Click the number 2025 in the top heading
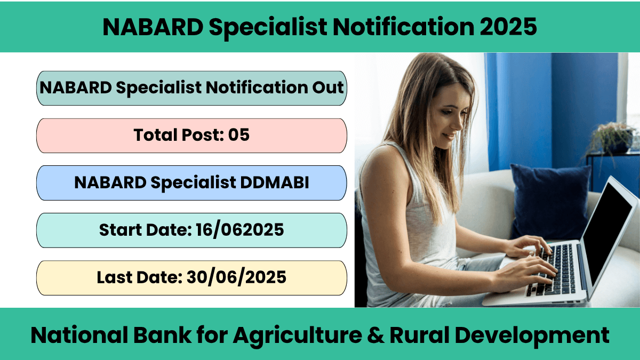(508, 27)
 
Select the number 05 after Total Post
(238, 135)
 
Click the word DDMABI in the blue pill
(274, 182)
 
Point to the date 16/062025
(239, 230)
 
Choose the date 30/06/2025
(236, 277)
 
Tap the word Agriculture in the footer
(298, 336)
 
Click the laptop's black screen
(606, 231)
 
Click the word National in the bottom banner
(79, 335)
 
